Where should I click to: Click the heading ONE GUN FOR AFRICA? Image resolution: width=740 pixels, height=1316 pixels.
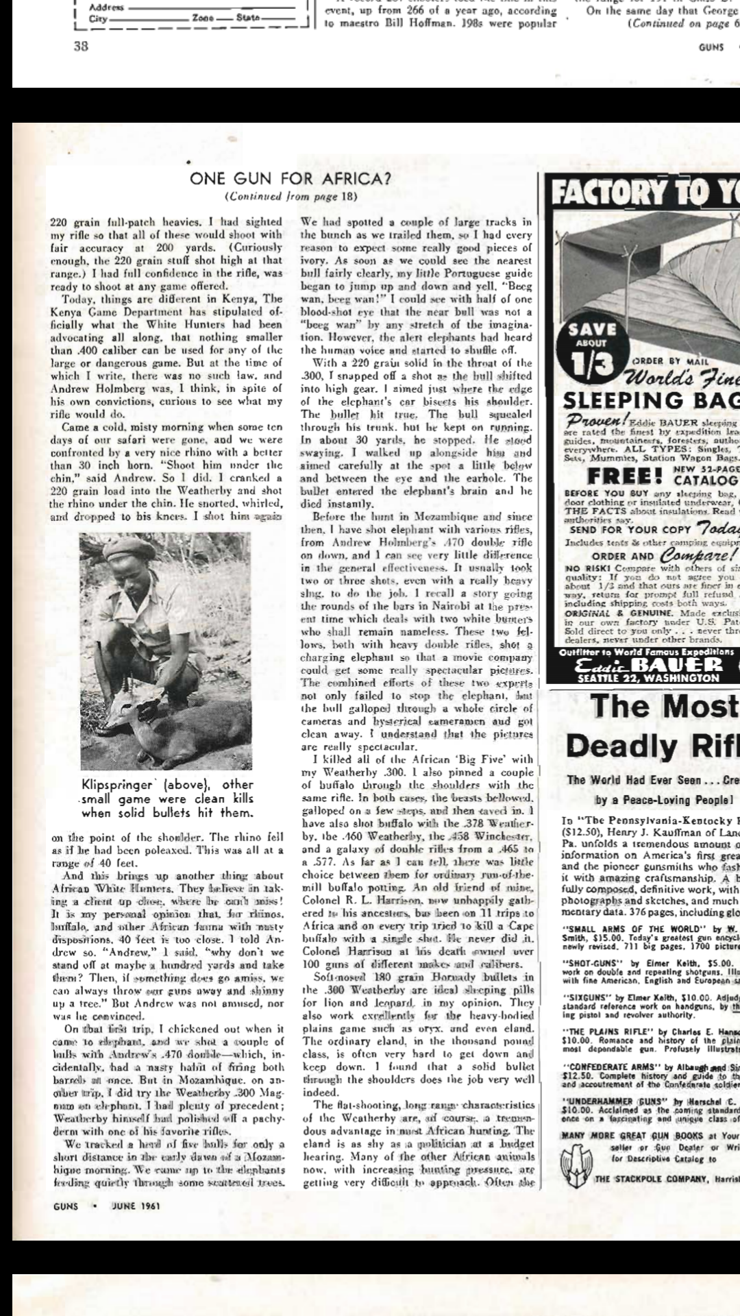click(291, 179)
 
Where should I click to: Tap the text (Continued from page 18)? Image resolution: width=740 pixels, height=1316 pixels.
click(291, 197)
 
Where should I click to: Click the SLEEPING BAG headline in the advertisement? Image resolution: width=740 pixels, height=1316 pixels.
click(651, 400)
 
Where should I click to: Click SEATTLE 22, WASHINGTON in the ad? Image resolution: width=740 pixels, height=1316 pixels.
click(648, 679)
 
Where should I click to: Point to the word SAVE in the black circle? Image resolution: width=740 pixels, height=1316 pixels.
click(591, 330)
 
